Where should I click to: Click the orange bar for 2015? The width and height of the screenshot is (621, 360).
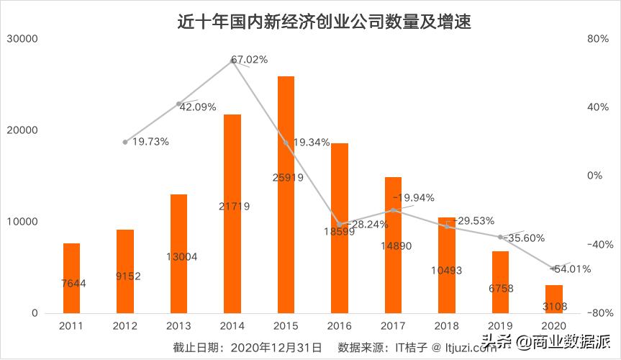point(286,194)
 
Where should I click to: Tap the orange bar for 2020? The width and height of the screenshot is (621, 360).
point(553,299)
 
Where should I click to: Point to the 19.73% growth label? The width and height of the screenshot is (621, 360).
point(150,142)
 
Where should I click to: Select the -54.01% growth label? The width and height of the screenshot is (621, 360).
point(571,269)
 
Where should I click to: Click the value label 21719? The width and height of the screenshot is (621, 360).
point(232,207)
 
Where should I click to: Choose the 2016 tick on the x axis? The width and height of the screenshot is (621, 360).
point(339,326)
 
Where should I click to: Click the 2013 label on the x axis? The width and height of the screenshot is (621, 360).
point(178,326)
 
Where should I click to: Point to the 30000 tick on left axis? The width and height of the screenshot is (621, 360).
point(24,39)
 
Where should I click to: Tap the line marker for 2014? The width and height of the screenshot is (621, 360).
point(232,60)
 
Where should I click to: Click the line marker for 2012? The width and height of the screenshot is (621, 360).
point(125,142)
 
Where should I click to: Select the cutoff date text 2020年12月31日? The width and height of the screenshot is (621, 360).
point(276,347)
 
